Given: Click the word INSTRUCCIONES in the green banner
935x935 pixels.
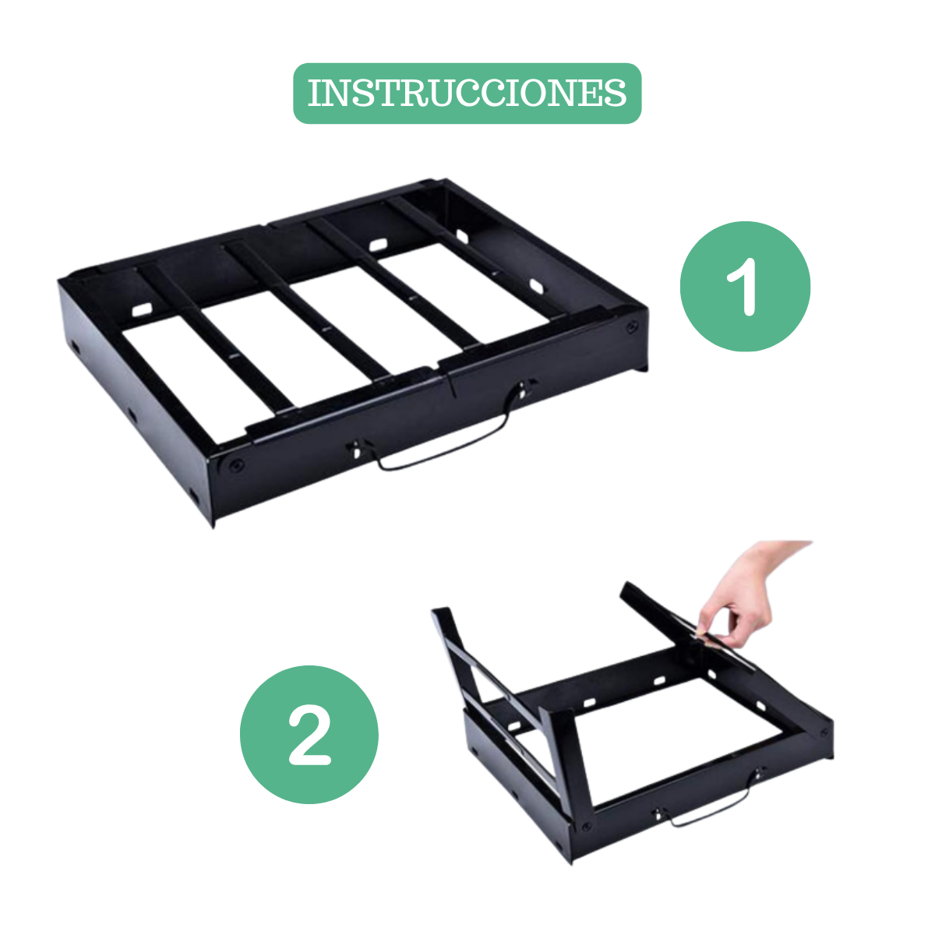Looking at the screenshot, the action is (467, 93).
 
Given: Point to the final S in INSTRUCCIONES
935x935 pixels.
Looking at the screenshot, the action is (616, 93).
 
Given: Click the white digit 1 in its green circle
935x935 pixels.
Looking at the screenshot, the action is (743, 287).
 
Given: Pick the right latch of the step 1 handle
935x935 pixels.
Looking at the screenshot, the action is (523, 389).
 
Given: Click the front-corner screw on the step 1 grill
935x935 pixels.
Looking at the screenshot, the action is (236, 466).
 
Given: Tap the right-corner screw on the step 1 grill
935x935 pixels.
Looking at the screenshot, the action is (631, 327).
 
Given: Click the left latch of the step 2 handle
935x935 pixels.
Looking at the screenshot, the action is (657, 813).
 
